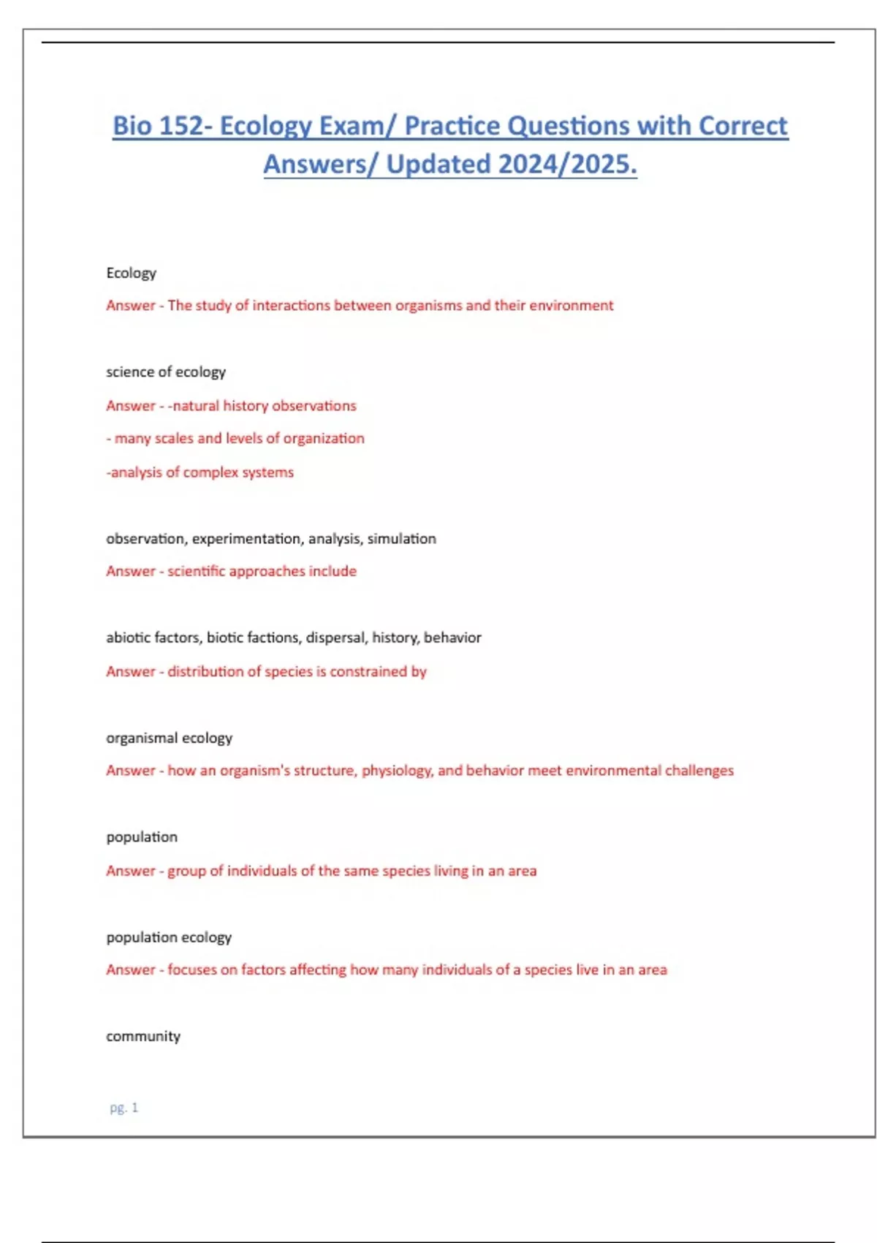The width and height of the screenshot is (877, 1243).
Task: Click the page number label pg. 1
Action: click(124, 1108)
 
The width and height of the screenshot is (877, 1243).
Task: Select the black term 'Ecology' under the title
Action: click(131, 273)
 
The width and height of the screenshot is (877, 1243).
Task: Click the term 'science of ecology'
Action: click(166, 371)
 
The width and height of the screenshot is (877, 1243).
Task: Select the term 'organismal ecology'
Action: click(169, 738)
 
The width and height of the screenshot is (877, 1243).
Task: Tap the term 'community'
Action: click(143, 1036)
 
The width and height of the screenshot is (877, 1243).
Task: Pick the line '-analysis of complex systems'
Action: click(200, 472)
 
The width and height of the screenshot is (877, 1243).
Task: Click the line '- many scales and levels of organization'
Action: click(235, 439)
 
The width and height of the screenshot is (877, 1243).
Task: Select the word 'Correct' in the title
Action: click(743, 126)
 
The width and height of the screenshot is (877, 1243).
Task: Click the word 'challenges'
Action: click(699, 771)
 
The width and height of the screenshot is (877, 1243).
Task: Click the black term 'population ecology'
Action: click(169, 937)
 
